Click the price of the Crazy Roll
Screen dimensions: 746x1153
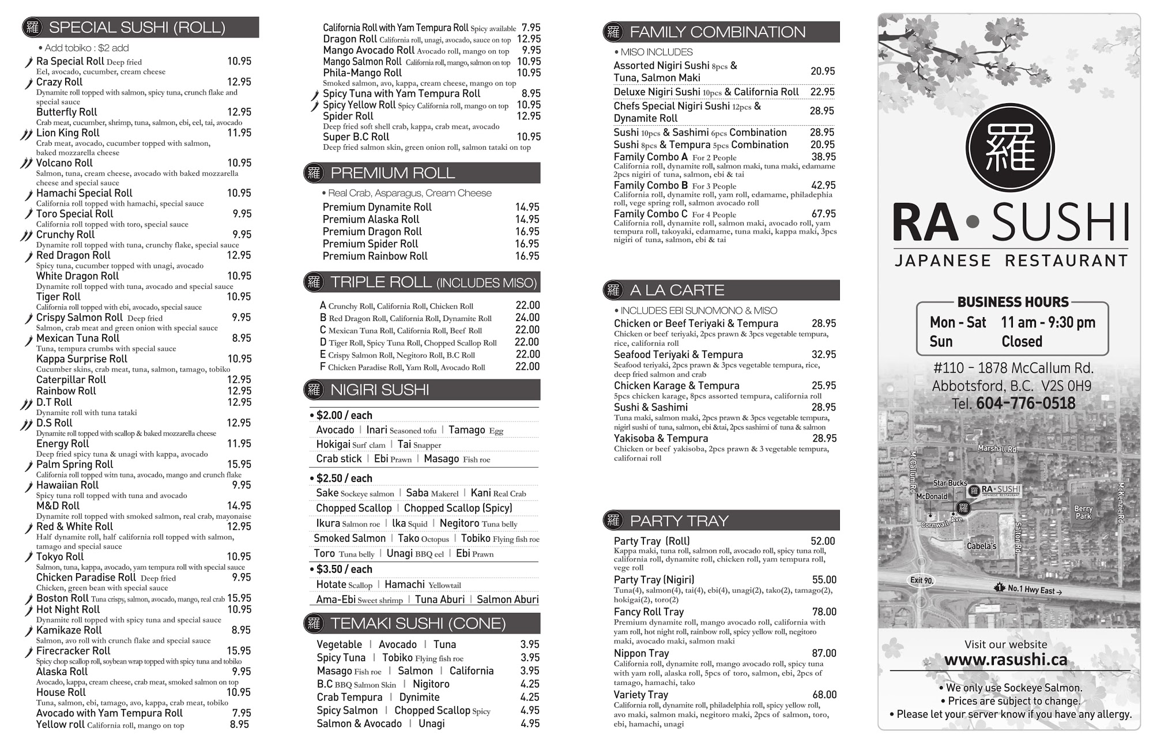(239, 82)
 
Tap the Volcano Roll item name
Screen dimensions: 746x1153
(64, 163)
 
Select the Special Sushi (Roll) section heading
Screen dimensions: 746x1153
(137, 28)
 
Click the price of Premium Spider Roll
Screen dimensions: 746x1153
(527, 244)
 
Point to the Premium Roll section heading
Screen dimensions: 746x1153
(392, 173)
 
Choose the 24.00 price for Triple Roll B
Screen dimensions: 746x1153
(527, 318)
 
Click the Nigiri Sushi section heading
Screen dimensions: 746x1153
(379, 390)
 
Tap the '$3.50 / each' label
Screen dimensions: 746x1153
(344, 570)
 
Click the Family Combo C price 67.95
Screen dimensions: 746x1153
(823, 214)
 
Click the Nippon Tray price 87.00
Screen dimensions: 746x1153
(823, 653)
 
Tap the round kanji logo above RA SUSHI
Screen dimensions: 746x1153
(1010, 148)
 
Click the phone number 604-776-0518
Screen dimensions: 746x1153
(1026, 404)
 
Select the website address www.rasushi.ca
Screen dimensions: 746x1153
(1005, 660)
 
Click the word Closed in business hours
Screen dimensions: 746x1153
(1022, 342)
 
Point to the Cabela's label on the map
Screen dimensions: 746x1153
(981, 546)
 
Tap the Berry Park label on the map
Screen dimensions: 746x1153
(1083, 513)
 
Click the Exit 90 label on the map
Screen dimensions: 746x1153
(921, 581)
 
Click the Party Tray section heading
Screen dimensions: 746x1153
(679, 521)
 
